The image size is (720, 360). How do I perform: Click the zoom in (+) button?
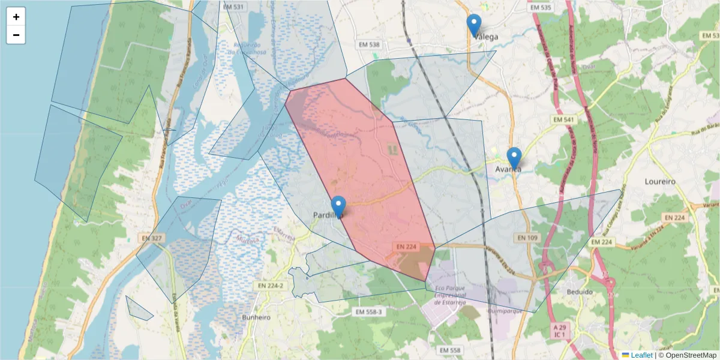coord(16,17)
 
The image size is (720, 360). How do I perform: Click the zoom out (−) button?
coord(16,35)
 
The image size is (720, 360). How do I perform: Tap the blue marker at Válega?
coord(474,26)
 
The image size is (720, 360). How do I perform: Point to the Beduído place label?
coord(579,292)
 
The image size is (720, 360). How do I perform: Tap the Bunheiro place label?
coord(256,317)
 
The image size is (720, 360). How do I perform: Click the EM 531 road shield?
coord(233,7)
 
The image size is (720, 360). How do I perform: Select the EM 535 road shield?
coord(541,7)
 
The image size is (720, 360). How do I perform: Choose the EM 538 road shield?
coord(370,45)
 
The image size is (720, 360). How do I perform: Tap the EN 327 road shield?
coord(152,238)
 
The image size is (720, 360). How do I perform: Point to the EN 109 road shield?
coord(526,238)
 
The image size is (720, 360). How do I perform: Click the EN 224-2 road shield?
coord(268,286)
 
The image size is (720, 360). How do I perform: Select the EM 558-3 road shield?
coord(368,312)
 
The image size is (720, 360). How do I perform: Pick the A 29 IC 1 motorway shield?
coord(560,331)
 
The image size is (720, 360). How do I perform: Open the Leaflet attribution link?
coord(641,355)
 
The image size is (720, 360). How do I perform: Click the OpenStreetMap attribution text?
coord(688,355)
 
